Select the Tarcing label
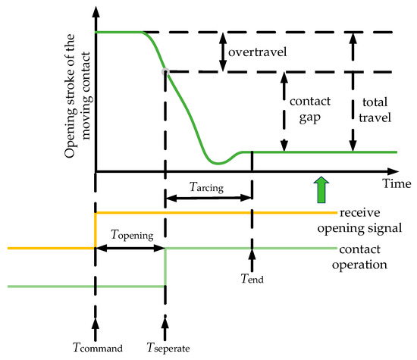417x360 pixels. coord(205,186)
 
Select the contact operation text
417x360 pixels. coord(363,257)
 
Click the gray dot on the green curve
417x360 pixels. coord(165,71)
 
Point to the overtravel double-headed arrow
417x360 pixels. coord(222,52)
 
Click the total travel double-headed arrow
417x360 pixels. coord(351,91)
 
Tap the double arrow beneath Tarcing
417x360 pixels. coord(208,199)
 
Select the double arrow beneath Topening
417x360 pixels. coord(129,248)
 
